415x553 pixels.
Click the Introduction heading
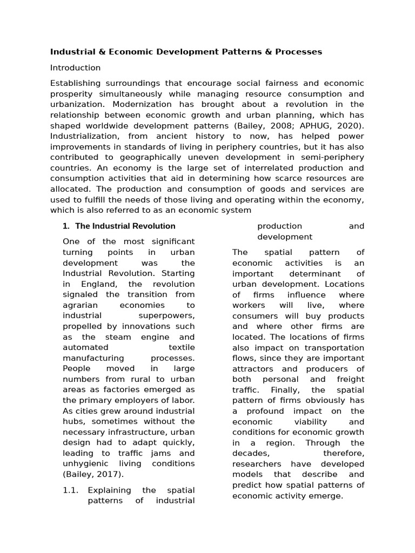[75, 68]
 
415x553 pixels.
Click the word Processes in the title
[299, 52]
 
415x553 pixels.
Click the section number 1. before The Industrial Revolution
[66, 226]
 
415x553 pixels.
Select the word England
[103, 284]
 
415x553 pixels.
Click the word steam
[118, 337]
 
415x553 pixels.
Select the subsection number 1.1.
[71, 490]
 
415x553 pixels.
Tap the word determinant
[316, 274]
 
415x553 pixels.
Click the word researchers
[257, 464]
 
